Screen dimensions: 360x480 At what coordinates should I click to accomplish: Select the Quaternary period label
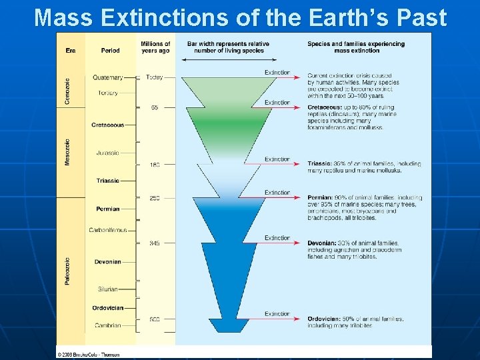point(107,77)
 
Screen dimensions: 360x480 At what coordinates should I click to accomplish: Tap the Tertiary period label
point(107,93)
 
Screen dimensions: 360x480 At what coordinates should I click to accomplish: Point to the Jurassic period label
point(107,153)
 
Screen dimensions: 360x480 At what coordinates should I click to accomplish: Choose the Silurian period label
point(107,289)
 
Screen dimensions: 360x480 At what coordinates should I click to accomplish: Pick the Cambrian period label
point(107,325)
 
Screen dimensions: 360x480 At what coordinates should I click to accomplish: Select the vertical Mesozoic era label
point(67,152)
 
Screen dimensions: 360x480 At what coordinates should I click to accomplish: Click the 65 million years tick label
point(155,107)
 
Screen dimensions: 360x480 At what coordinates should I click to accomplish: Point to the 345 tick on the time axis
point(155,243)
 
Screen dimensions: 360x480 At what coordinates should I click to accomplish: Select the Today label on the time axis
point(154,77)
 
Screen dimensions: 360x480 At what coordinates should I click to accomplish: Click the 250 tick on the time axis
point(155,198)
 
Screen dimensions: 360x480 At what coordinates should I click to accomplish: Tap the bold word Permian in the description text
point(319,198)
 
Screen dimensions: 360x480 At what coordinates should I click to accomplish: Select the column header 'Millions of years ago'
point(155,47)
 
